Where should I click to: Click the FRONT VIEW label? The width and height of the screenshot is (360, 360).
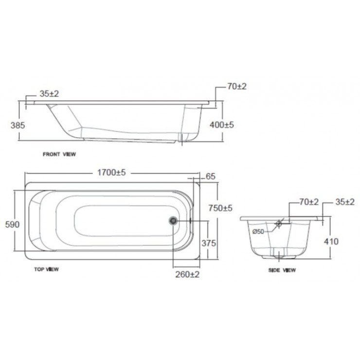pos(59,154)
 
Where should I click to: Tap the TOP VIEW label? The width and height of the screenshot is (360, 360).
pos(47,269)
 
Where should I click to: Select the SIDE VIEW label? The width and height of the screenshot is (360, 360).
pos(282,270)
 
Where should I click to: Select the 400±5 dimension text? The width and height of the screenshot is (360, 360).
pos(221,125)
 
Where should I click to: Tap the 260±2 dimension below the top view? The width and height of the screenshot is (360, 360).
pos(187,274)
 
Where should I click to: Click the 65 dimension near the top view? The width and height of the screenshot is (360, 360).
pos(211,176)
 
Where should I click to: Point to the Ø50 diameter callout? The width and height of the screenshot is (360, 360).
pos(258,232)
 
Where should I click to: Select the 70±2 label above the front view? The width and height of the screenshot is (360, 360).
pos(237,86)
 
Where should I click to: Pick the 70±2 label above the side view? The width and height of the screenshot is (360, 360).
pos(308,202)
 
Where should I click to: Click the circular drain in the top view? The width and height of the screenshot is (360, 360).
pos(173,221)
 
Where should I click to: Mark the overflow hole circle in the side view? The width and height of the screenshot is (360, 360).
pos(279,224)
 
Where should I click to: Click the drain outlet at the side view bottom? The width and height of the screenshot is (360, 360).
pos(279,253)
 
